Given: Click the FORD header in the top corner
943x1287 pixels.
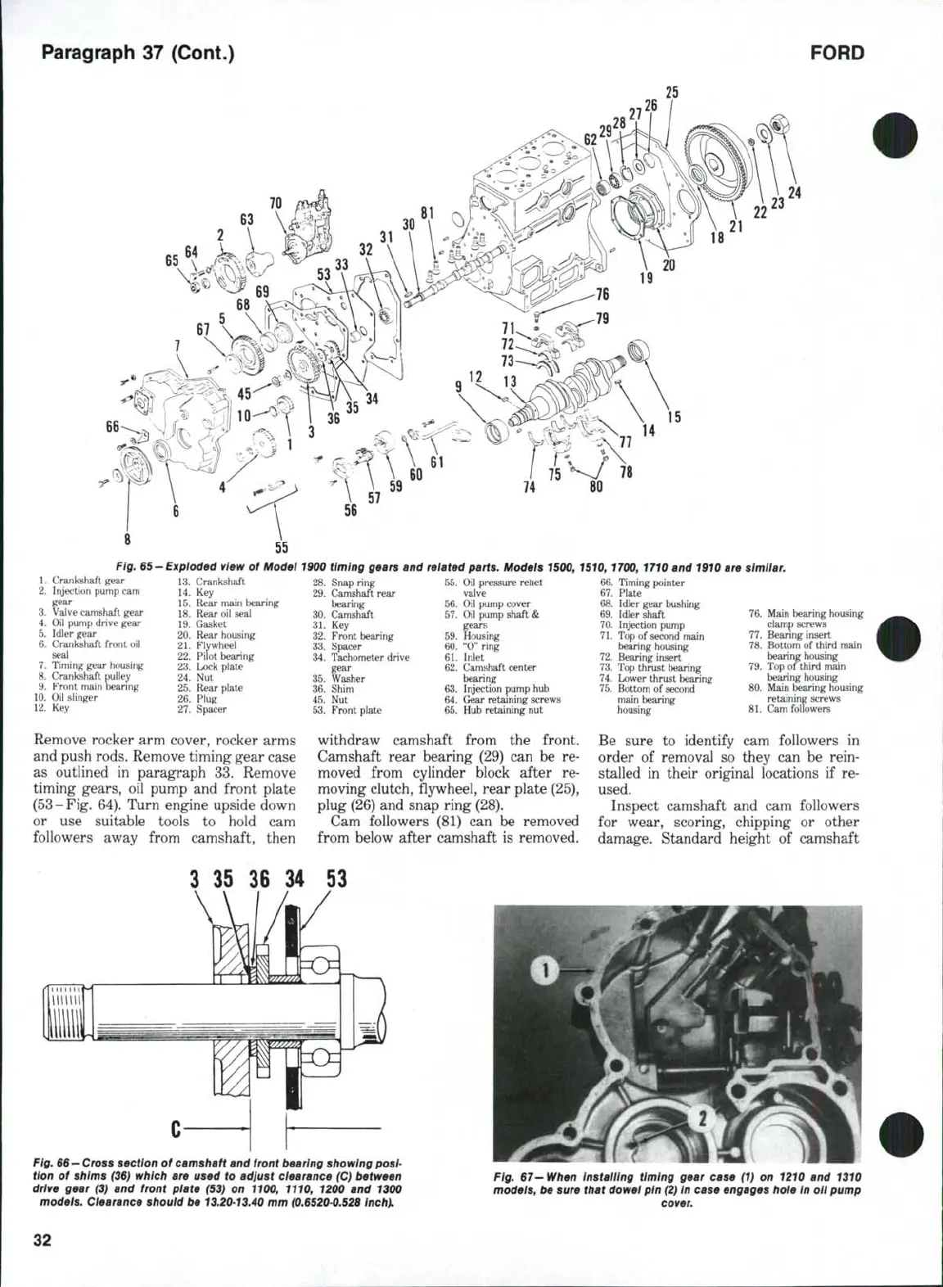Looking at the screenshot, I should pos(837,53).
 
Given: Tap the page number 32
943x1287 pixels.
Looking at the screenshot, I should pos(43,1240).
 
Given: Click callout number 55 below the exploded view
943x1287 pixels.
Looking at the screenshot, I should pos(281,548).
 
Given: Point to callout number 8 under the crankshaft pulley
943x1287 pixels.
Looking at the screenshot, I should pos(127,540).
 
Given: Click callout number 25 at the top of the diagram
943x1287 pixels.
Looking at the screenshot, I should pos(671,93).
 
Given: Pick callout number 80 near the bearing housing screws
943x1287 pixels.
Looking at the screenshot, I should pos(596,487).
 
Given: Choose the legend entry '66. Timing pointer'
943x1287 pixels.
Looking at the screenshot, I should pos(642,582).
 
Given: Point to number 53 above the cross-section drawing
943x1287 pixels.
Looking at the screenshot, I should pos(336,879).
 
